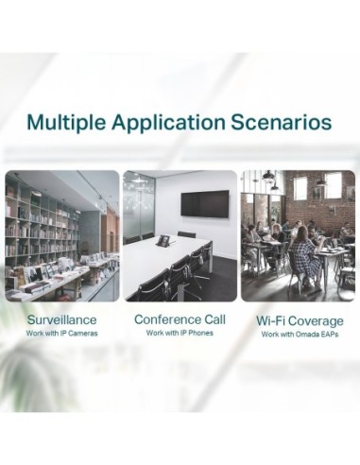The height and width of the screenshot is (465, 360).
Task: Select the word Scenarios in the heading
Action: coord(284,123)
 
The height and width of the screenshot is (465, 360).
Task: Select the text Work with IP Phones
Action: coord(180,334)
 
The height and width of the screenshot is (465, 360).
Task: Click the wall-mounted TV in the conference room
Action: coord(204,202)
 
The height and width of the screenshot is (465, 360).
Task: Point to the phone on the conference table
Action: coord(163,241)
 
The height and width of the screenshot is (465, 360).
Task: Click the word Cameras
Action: coord(82,334)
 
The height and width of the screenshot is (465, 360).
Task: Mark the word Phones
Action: coord(200,334)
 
